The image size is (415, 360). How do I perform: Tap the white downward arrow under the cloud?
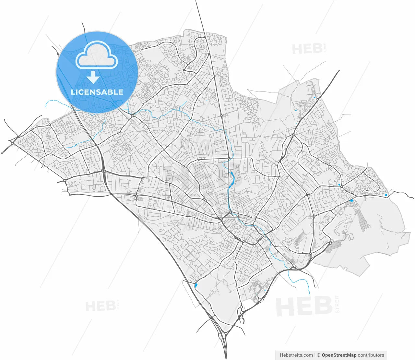click(93, 78)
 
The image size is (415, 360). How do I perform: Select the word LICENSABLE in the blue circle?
click(97, 92)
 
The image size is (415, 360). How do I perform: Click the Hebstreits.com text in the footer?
click(296, 355)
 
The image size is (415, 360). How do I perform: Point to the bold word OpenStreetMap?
click(339, 355)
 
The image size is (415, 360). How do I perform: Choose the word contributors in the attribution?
click(371, 355)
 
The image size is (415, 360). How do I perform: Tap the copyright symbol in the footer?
click(319, 355)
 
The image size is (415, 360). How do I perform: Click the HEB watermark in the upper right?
click(307, 49)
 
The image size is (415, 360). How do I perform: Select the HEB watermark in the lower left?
click(100, 306)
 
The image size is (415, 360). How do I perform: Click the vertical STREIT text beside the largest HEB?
click(338, 304)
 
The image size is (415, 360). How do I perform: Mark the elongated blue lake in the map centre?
click(232, 179)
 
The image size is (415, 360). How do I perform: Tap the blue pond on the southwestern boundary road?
click(196, 285)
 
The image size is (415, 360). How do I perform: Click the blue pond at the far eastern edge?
click(386, 195)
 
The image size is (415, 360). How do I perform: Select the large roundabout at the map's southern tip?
click(222, 336)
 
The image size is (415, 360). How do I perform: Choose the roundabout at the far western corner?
click(12, 142)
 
